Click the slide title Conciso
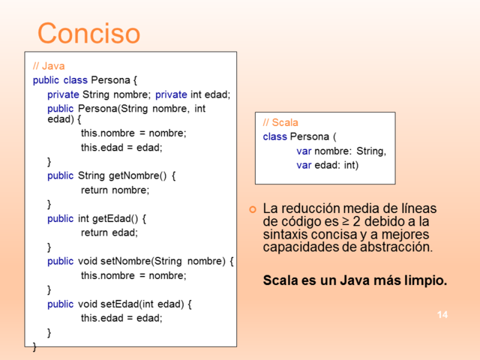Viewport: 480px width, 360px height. click(88, 33)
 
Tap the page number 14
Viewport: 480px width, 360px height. click(442, 314)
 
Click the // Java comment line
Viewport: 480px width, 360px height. click(49, 66)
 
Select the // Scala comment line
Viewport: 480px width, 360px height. click(280, 122)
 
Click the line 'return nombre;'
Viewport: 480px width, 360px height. click(115, 190)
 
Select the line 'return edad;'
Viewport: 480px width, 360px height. click(109, 232)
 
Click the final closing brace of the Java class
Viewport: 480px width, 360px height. click(34, 346)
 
